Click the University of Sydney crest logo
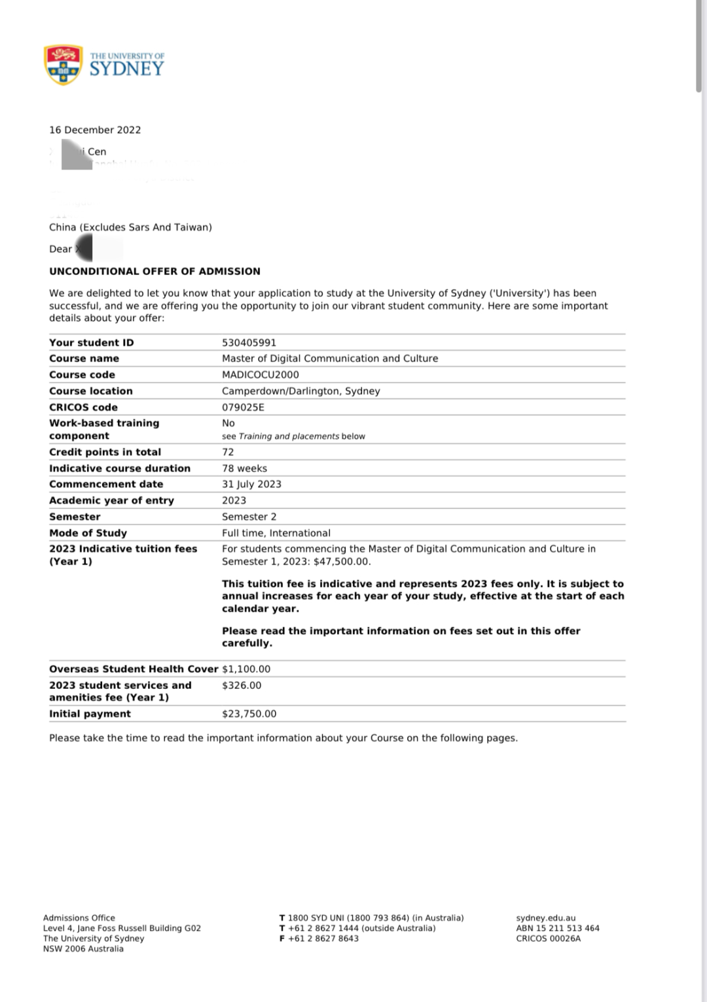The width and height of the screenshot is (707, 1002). tap(63, 65)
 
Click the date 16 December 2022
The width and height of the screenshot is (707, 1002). tap(95, 130)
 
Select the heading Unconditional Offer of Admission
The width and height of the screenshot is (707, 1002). tap(154, 271)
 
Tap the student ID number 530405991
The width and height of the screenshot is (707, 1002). tap(249, 343)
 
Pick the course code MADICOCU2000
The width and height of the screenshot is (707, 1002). tap(261, 375)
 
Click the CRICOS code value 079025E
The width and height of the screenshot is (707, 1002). tap(244, 407)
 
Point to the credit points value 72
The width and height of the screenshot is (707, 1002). tap(228, 452)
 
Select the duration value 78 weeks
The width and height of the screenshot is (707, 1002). tap(244, 468)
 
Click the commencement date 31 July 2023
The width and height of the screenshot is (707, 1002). tap(251, 484)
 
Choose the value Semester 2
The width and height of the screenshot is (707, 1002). tap(249, 517)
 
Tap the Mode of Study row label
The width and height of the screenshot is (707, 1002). tap(88, 533)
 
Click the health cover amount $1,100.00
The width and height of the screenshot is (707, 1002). tap(246, 669)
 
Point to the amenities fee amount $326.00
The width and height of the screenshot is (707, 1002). tap(242, 685)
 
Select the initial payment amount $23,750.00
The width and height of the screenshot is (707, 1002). tap(249, 714)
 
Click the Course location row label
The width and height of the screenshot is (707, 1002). tap(90, 391)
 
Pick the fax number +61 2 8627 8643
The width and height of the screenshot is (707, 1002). tap(323, 938)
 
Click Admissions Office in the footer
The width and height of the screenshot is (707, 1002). tap(79, 918)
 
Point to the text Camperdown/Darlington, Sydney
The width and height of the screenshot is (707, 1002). tap(300, 391)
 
